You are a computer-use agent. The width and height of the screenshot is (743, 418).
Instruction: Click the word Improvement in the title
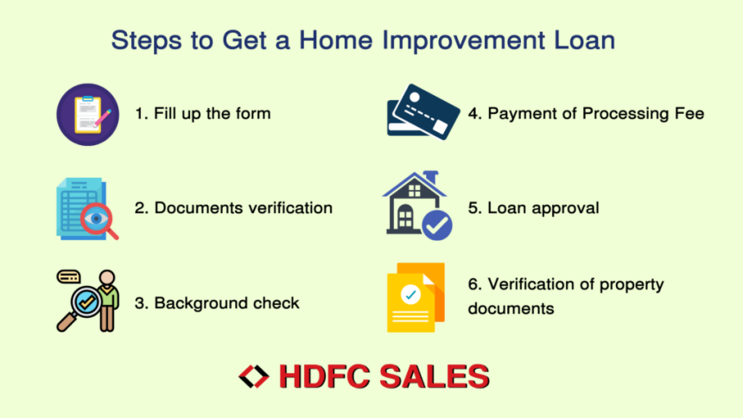463,41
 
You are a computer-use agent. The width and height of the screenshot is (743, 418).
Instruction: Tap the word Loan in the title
584,40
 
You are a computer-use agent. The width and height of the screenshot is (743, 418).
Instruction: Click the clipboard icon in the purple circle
87,115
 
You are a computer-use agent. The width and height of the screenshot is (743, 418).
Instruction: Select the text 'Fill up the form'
213,114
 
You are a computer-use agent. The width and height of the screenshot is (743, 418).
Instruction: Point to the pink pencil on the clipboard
103,118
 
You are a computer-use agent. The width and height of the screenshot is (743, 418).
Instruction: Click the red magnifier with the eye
98,220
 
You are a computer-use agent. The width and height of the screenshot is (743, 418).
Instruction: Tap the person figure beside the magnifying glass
108,301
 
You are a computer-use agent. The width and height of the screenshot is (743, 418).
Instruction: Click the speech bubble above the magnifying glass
69,276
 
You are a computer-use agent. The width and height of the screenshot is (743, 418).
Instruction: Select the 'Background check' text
226,303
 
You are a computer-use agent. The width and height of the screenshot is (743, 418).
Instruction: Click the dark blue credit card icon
423,112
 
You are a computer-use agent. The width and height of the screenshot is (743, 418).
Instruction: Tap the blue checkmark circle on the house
437,225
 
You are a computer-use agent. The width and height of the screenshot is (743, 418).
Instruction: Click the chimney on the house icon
431,178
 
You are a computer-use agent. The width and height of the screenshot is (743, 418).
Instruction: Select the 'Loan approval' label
543,208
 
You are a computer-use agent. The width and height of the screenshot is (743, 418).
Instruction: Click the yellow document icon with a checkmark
416,298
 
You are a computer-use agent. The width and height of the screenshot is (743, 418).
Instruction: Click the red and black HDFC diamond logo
254,377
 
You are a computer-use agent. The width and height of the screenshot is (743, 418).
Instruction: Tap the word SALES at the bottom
434,377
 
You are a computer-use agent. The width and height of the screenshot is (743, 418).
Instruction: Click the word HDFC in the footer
324,377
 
